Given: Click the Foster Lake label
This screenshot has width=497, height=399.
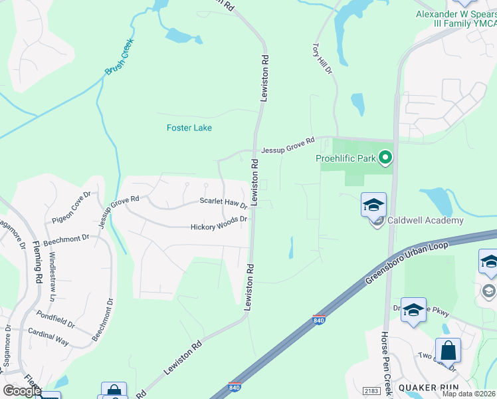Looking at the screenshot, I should tap(189, 128).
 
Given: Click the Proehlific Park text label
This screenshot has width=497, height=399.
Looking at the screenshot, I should tap(346, 158).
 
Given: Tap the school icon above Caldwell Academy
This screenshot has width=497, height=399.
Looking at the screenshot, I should tap(373, 204).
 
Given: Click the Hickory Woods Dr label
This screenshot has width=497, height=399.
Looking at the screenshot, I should tap(219, 223).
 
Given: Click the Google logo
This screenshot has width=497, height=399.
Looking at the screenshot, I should tap(21, 391).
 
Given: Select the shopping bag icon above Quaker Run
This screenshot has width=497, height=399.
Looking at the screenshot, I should tap(448, 350).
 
